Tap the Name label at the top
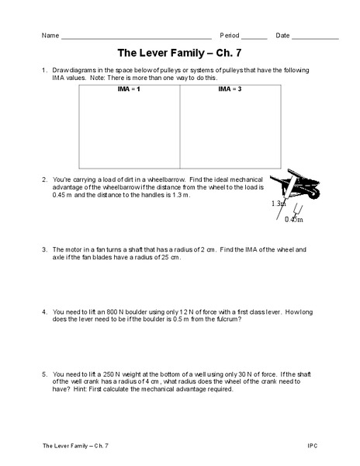pyautogui.click(x=50, y=36)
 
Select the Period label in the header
pyautogui.click(x=230, y=36)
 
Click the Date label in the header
pyautogui.click(x=283, y=36)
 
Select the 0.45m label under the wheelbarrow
pyautogui.click(x=294, y=220)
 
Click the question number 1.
pyautogui.click(x=45, y=71)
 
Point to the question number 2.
pyautogui.click(x=45, y=179)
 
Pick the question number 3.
pyautogui.click(x=45, y=249)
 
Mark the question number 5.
pyautogui.click(x=45, y=374)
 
